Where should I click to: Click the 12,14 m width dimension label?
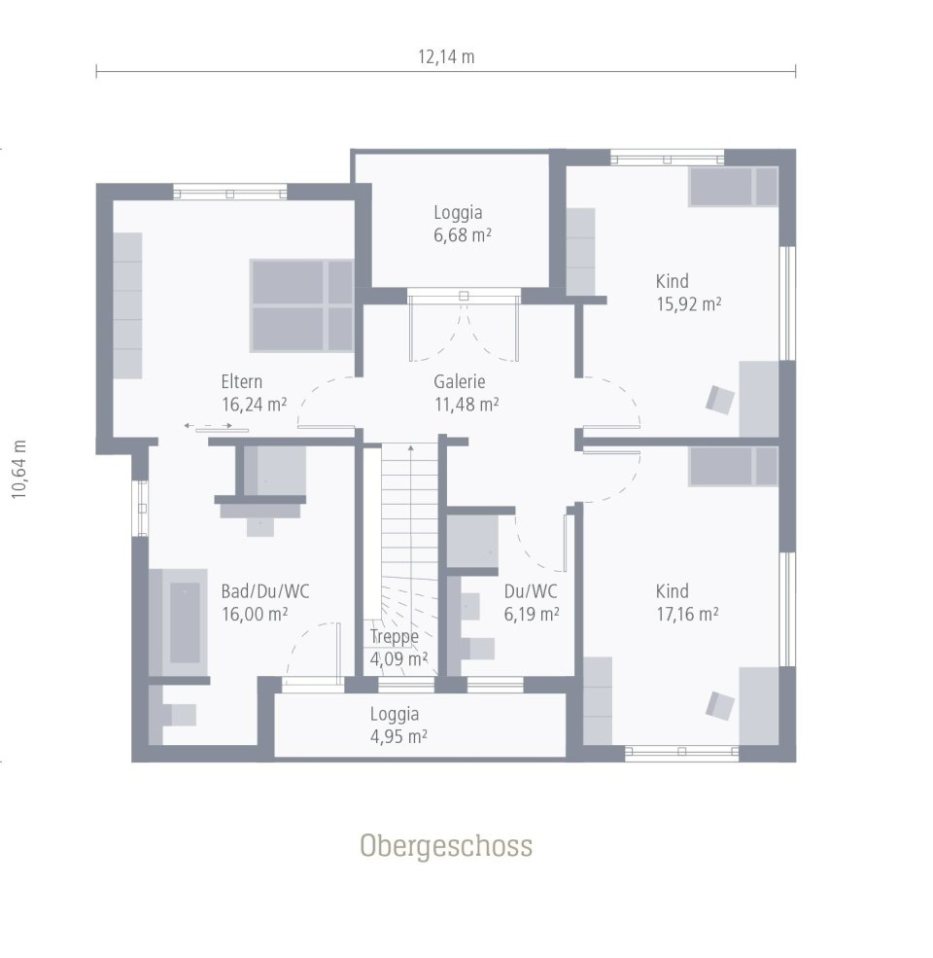pos(446,56)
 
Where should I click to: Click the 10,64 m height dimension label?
pos(18,469)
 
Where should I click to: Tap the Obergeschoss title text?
pos(446,845)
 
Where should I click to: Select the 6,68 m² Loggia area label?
pos(458,223)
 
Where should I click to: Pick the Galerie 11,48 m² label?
pos(466,393)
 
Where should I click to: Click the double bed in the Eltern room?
pos(301,304)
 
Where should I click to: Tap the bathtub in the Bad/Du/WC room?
pos(184,622)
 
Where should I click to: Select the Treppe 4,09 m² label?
pos(397,647)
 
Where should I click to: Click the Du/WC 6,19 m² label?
pos(531,602)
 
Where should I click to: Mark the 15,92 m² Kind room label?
pos(688,292)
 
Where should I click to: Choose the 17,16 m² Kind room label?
pos(686,602)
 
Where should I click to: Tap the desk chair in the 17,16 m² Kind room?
pos(719,705)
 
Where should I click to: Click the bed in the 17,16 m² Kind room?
pos(734,467)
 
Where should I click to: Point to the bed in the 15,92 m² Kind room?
pos(734,187)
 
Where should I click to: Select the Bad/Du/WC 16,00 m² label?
pos(255,602)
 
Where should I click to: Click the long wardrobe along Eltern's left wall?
pos(128,305)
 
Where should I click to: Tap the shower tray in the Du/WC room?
pos(472,543)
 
